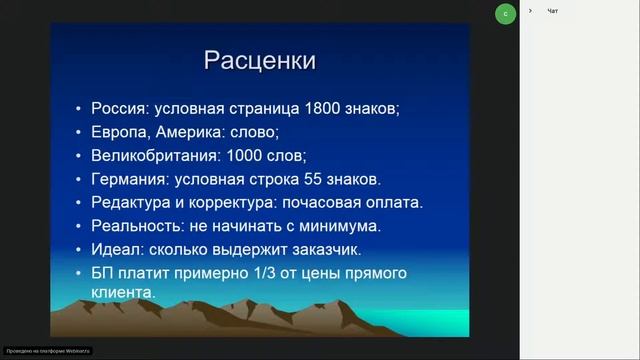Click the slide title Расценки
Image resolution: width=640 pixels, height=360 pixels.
[260, 60]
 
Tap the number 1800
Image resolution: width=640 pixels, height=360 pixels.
[307, 109]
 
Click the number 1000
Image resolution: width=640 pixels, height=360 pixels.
[245, 156]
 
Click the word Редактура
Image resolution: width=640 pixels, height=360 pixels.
[132, 202]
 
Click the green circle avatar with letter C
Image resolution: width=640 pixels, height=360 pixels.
[506, 14]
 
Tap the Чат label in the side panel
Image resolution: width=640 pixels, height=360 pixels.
[553, 11]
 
